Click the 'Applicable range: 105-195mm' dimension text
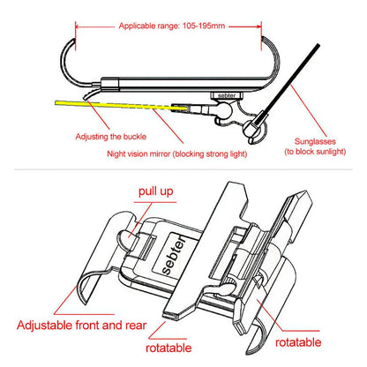[172, 26]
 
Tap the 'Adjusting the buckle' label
[111, 137]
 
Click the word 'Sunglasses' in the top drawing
[315, 141]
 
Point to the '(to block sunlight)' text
[315, 152]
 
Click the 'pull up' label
[156, 191]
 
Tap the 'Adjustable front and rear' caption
[81, 326]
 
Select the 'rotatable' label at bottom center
[169, 348]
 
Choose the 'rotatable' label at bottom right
[298, 342]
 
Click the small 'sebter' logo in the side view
[227, 95]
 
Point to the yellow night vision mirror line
[121, 105]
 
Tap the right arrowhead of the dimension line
[258, 26]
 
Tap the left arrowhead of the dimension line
[79, 26]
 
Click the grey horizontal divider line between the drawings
[183, 169]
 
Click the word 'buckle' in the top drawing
[135, 137]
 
